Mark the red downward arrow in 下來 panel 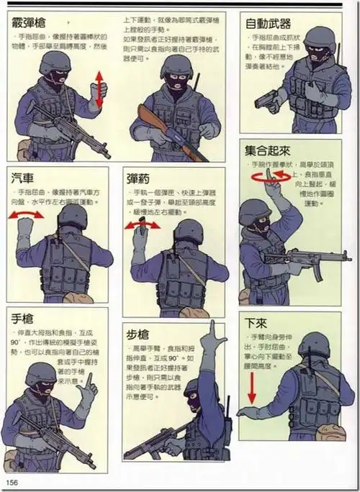pos(252,388)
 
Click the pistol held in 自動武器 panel pos(270,102)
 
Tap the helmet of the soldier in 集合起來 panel pos(253,211)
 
